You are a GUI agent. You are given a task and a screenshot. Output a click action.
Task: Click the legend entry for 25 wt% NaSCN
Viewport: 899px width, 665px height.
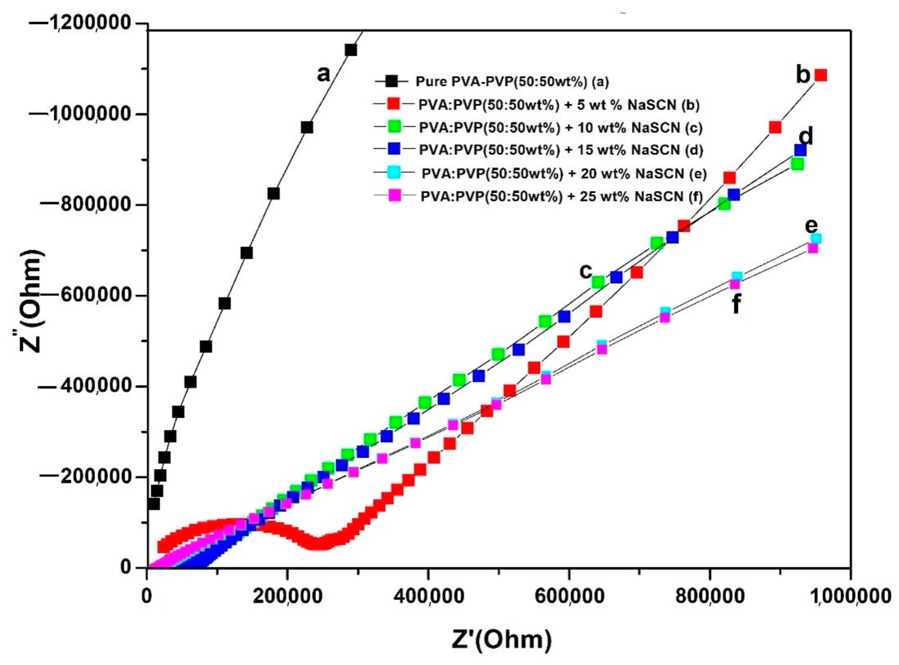562,196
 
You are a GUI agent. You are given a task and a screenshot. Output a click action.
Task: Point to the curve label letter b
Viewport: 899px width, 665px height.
803,75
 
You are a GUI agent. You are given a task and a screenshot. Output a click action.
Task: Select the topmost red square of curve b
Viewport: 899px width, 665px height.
820,75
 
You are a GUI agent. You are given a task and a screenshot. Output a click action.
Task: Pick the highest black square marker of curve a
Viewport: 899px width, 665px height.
351,50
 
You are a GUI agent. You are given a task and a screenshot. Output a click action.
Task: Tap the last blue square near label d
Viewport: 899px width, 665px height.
800,150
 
